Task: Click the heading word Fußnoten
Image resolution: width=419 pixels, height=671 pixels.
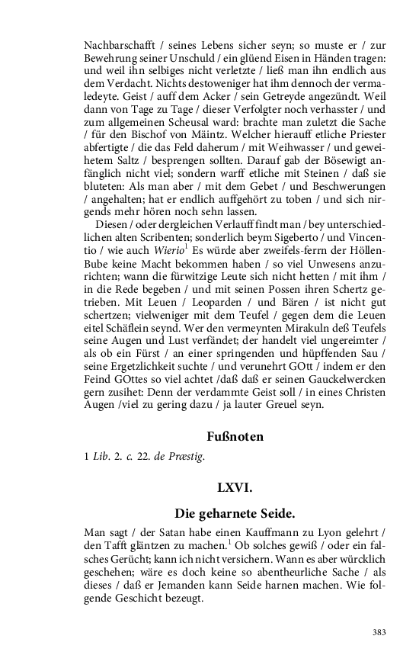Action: tap(235, 437)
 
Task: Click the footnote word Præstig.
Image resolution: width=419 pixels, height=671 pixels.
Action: tap(190, 457)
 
